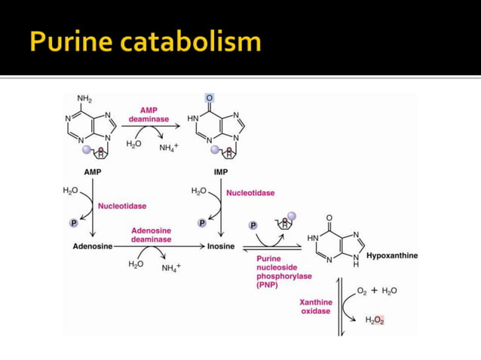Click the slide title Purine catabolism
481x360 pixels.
[x=146, y=42]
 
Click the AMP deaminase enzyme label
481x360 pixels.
[x=149, y=114]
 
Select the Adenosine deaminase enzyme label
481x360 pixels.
[x=152, y=235]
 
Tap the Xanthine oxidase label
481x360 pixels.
[x=316, y=307]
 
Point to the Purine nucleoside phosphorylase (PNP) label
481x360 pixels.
[x=284, y=272]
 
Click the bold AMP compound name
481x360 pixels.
[x=93, y=172]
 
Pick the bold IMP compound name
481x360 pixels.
[x=221, y=172]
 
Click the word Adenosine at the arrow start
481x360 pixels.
[x=93, y=246]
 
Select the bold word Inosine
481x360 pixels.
[x=221, y=246]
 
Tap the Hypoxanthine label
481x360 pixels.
[x=392, y=255]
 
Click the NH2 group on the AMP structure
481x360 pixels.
[x=84, y=99]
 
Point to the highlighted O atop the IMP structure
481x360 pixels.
[x=209, y=98]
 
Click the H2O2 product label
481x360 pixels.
[x=375, y=320]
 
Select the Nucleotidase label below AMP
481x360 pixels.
[x=122, y=206]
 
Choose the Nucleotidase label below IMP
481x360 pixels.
[x=250, y=193]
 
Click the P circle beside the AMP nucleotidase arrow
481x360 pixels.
[x=74, y=223]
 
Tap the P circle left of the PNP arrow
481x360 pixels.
[x=253, y=225]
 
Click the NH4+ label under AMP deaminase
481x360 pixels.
[x=169, y=148]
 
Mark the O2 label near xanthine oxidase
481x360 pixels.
[x=362, y=291]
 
